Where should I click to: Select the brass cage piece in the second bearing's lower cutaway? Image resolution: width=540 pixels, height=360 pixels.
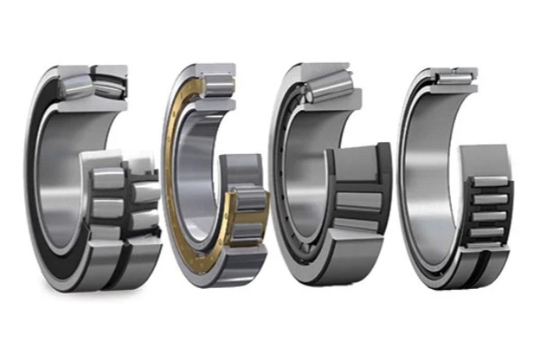coord(235,216)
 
